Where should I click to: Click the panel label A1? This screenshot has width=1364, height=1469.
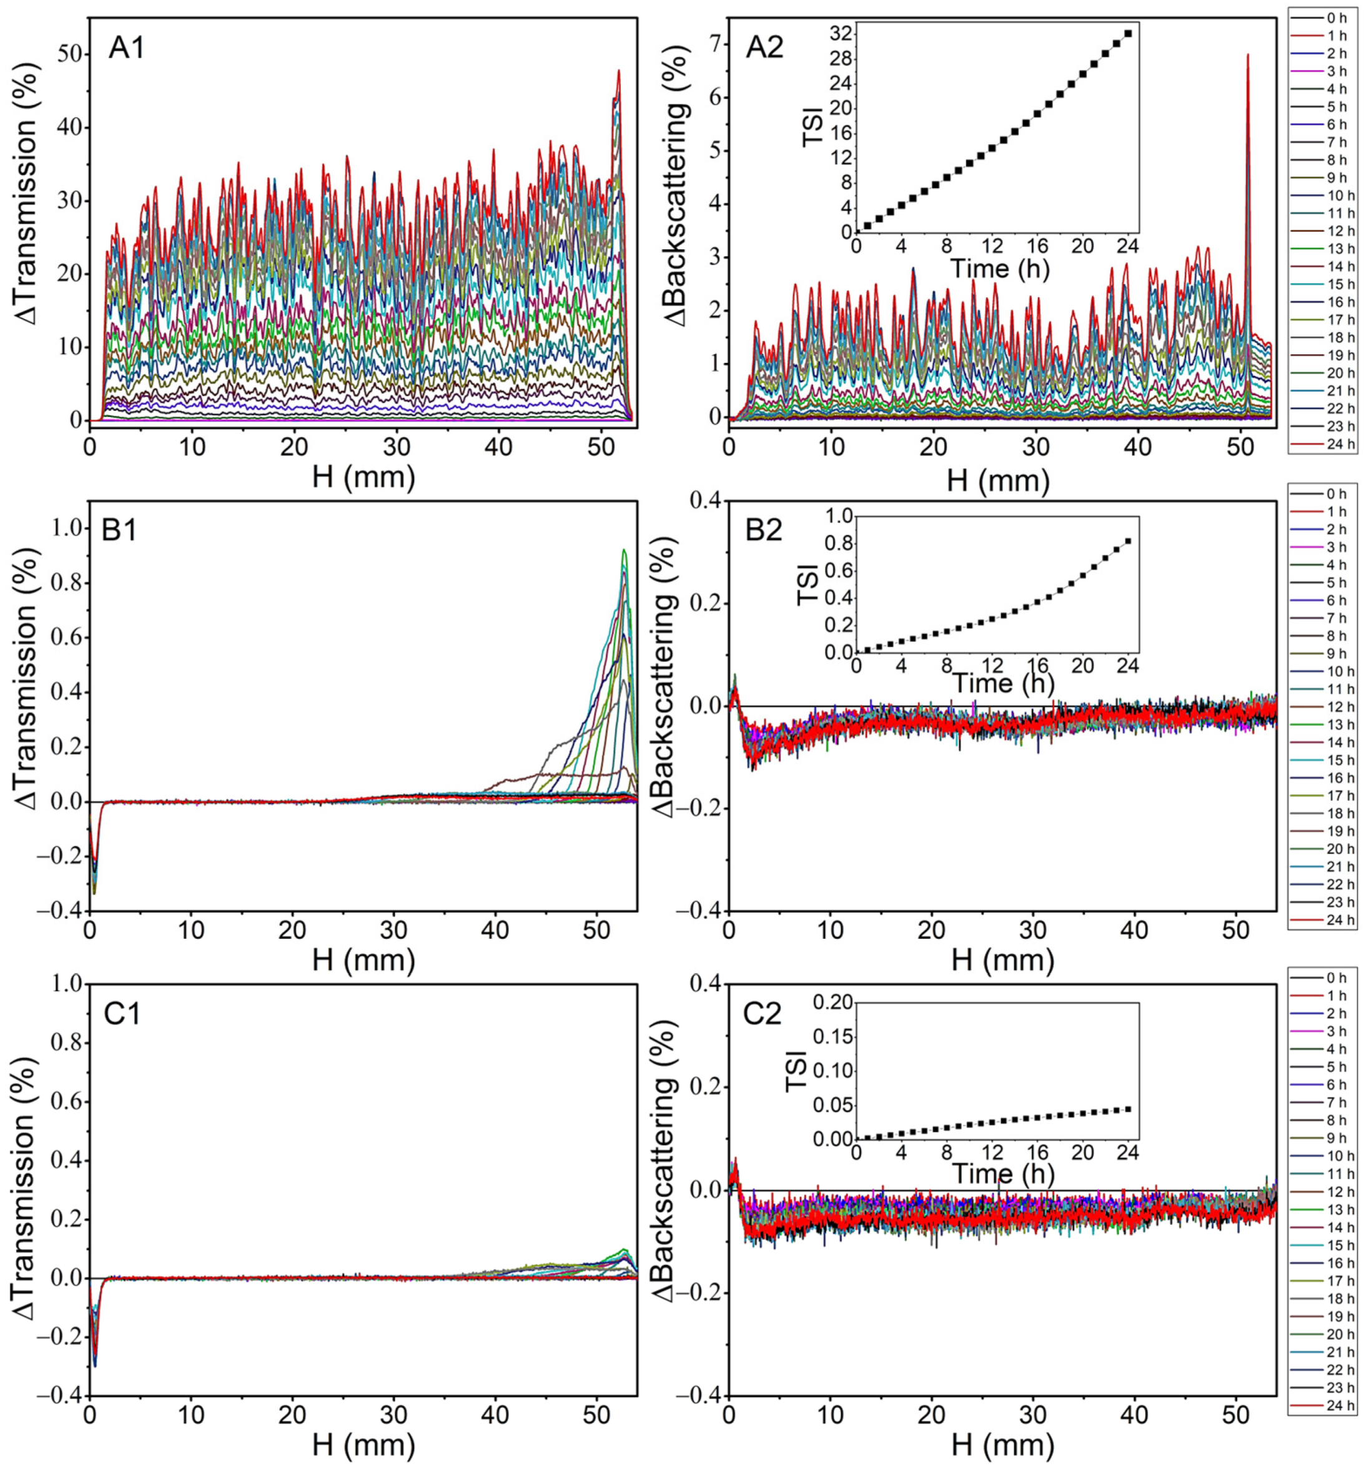coord(127,49)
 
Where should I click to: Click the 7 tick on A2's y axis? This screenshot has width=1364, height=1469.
coord(714,44)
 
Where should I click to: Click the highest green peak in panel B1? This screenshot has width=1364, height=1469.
coord(625,550)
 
